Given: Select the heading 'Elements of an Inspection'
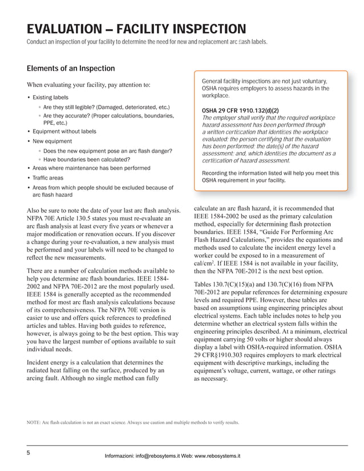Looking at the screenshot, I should coord(71,69).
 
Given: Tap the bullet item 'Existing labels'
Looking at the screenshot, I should coord(50,98).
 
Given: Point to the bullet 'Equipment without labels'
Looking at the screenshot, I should coord(64,131).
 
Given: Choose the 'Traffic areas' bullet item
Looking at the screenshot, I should coord(48,178).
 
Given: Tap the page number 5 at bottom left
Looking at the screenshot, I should coord(28,453).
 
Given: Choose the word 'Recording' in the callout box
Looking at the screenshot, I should coord(216,173).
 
